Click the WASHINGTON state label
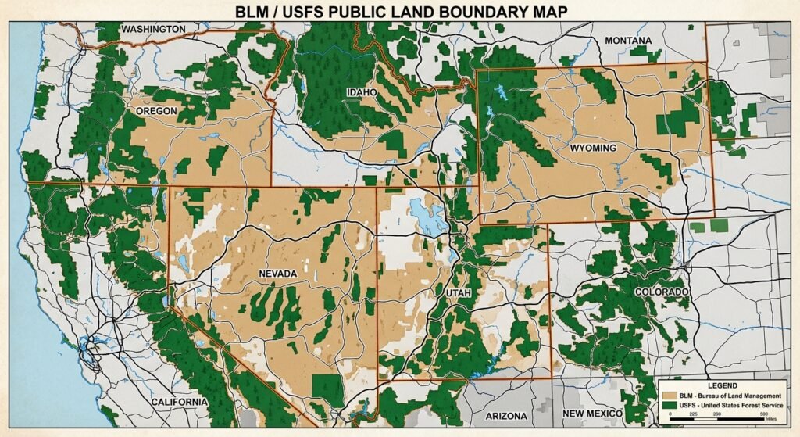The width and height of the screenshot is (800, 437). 154,29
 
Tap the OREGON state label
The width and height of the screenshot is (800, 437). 156,111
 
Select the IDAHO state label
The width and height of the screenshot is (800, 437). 362,92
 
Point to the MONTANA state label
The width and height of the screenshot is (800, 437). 627,41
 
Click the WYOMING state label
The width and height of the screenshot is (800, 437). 593,148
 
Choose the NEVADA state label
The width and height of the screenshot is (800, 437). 277,274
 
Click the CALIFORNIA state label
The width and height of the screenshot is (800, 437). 179,402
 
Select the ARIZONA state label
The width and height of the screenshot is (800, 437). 506,416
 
